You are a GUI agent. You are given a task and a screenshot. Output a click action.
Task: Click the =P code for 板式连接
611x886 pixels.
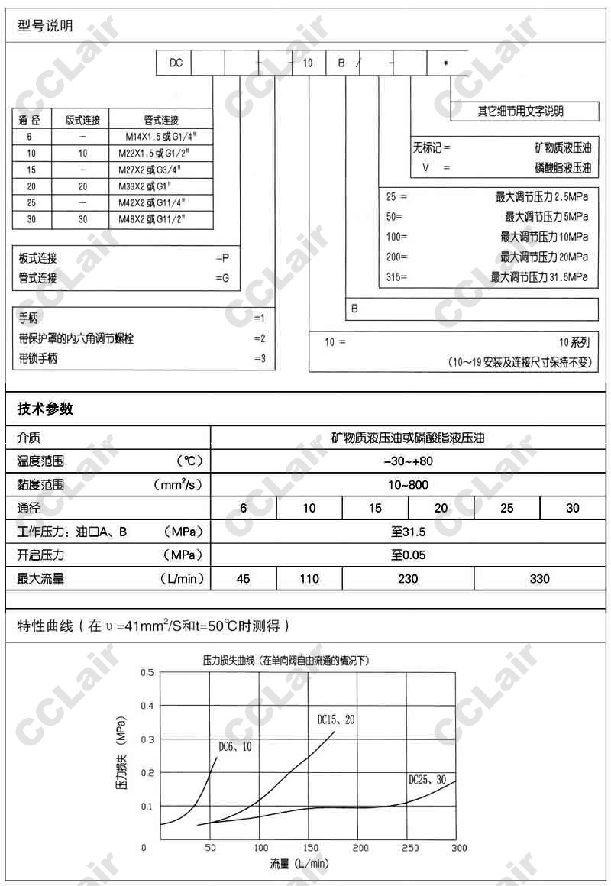click(222, 258)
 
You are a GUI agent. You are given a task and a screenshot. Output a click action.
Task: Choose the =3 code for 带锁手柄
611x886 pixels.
click(259, 358)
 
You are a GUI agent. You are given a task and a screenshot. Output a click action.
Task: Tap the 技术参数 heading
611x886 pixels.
click(45, 409)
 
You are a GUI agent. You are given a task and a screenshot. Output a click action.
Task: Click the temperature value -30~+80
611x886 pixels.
click(408, 461)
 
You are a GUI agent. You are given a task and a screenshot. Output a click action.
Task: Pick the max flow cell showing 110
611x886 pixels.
click(309, 579)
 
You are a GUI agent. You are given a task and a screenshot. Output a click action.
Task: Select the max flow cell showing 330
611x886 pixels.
click(539, 579)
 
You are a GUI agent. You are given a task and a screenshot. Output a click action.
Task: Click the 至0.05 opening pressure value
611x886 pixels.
click(409, 555)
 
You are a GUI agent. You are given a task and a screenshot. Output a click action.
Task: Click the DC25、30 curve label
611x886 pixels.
click(428, 780)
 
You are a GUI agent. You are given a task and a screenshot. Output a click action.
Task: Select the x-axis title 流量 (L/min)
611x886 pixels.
click(299, 864)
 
